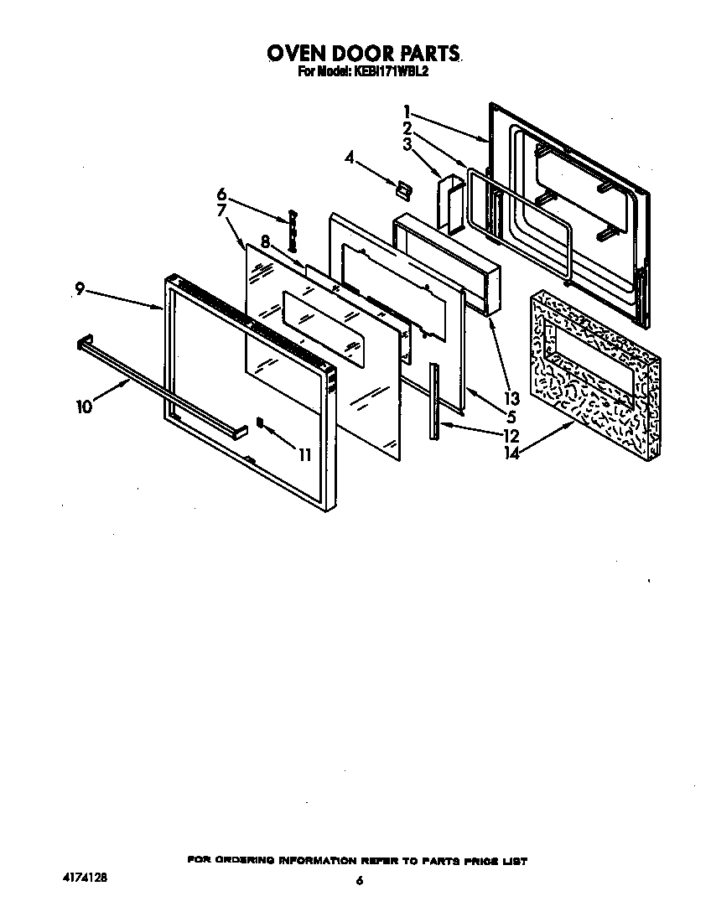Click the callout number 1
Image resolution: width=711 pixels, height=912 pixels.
[406, 111]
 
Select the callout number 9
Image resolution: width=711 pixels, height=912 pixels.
[80, 290]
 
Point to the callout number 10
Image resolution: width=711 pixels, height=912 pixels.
[83, 407]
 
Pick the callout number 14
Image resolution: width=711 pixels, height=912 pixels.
[511, 453]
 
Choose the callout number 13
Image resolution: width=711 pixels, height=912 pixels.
[511, 397]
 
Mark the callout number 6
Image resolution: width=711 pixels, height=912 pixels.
[222, 194]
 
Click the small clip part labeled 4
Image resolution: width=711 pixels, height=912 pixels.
[403, 190]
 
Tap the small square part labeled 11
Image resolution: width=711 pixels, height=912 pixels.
[261, 422]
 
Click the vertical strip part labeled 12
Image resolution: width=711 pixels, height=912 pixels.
[433, 401]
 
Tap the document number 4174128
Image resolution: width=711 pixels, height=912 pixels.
[85, 878]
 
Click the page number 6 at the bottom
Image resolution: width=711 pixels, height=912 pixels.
[359, 880]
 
